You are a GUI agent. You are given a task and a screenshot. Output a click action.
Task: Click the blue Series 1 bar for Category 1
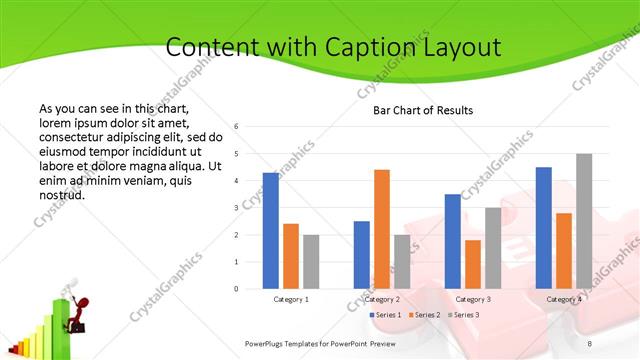271,231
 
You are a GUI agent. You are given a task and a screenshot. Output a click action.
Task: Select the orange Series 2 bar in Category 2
382,229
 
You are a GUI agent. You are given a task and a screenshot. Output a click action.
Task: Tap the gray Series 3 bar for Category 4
584,221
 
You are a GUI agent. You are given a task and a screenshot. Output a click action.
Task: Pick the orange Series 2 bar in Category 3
473,264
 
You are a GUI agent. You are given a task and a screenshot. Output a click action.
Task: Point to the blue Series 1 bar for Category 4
544,228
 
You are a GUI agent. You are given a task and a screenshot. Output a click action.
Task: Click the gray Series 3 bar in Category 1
311,262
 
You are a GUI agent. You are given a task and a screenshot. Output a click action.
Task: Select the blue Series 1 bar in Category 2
362,255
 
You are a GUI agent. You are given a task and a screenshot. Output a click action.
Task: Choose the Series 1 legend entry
387,315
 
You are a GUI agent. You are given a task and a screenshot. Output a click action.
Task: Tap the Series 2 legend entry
424,315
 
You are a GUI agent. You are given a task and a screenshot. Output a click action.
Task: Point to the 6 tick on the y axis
236,127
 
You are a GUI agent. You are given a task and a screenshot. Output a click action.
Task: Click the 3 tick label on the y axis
236,208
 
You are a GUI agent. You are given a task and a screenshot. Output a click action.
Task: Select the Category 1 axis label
291,299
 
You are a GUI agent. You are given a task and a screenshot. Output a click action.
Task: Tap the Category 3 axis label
473,299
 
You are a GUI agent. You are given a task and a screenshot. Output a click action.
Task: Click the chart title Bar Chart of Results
423,110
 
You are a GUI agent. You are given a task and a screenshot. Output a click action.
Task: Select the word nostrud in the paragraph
62,195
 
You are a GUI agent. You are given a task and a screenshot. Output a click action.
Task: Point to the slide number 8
590,343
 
